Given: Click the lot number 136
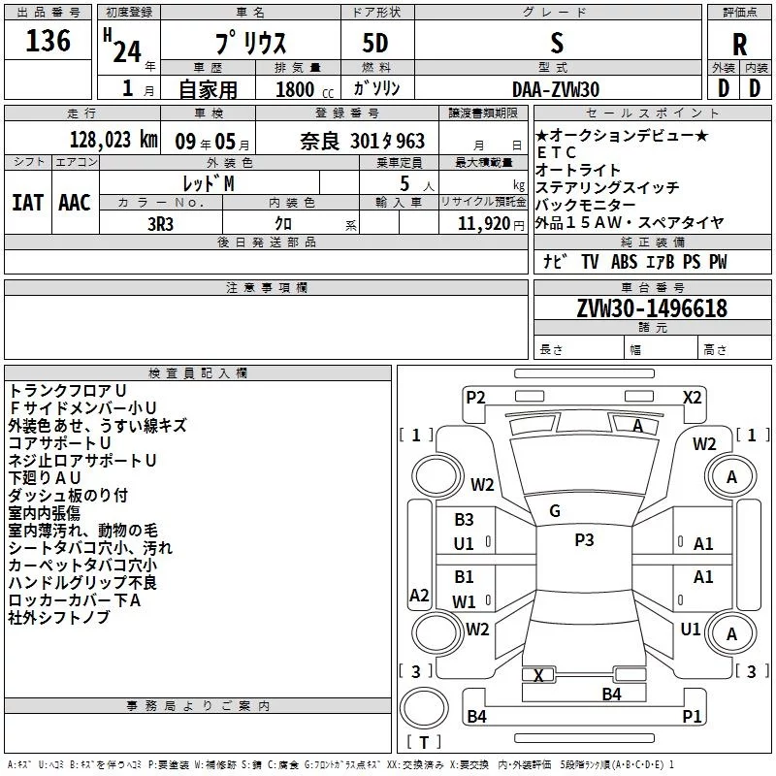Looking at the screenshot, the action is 48,42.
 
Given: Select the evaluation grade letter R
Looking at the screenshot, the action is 739,45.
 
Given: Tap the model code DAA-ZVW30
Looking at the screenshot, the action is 556,89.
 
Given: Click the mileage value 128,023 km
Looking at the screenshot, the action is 113,140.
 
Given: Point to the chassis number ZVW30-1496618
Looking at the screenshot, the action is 652,308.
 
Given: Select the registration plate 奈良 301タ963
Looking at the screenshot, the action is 363,141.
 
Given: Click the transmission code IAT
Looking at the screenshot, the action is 27,202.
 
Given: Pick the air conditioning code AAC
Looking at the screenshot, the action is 75,202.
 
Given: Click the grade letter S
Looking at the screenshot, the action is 557,43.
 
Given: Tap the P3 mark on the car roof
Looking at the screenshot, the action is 584,540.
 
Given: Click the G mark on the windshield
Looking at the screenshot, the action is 555,511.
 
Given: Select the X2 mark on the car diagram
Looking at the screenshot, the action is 693,397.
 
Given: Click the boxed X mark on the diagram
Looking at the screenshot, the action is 538,675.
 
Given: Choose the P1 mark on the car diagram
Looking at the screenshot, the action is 692,717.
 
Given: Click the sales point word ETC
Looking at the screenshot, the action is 557,153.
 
